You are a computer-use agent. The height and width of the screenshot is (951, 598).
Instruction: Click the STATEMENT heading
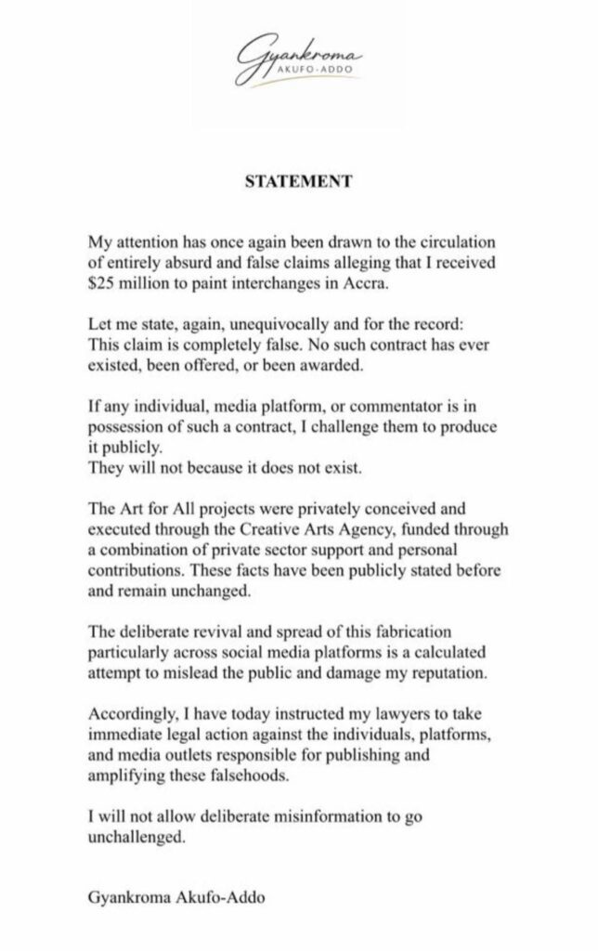click(298, 182)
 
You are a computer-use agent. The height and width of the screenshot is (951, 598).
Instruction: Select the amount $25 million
click(125, 283)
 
